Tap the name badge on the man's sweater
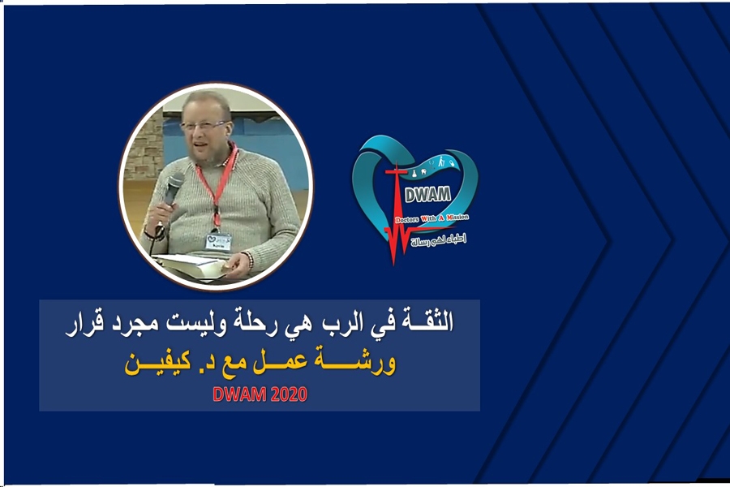click(218, 241)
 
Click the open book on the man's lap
click(191, 266)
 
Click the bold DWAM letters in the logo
click(427, 194)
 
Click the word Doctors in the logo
click(406, 219)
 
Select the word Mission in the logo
click(457, 218)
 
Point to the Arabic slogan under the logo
click(438, 240)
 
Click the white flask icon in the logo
click(413, 173)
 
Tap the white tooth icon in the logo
click(423, 171)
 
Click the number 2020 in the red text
click(288, 394)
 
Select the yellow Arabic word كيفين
click(157, 363)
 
